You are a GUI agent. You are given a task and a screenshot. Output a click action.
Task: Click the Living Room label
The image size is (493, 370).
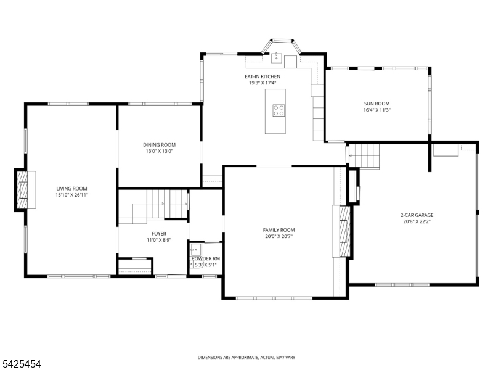point(71,189)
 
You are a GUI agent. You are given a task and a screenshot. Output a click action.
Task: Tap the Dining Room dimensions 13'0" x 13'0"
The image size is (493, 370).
point(160,151)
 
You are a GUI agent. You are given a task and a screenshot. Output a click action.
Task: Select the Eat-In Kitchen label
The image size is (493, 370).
point(263,76)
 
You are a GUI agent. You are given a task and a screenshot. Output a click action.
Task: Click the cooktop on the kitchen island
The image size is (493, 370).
point(279,110)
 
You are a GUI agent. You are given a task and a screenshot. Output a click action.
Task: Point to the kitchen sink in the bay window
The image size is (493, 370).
point(276,58)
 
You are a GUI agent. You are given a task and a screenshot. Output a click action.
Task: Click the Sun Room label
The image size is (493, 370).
point(377,104)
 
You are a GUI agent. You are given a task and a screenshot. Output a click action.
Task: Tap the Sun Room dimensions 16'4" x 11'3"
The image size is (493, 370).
point(377,110)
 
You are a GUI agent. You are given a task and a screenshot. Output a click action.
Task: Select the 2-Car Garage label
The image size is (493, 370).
point(417,215)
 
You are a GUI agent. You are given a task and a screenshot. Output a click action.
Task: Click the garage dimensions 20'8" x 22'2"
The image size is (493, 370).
point(417,221)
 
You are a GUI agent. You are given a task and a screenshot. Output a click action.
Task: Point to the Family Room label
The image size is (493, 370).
point(279,230)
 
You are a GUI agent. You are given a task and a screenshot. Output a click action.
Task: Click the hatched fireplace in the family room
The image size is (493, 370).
point(345,231)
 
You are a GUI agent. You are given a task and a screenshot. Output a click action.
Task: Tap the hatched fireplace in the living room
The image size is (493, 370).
point(22,190)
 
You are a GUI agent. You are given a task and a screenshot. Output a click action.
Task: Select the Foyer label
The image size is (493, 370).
point(159,234)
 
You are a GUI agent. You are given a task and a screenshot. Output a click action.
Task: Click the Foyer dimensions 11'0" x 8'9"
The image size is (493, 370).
point(159,240)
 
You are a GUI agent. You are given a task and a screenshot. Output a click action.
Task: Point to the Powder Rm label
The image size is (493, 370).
point(206,258)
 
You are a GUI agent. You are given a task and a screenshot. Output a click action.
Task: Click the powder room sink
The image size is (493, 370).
point(196,249)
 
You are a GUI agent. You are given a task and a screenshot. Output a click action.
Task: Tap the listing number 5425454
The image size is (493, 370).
point(20,364)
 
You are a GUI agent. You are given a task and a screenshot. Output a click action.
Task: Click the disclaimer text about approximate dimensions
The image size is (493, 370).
point(246,358)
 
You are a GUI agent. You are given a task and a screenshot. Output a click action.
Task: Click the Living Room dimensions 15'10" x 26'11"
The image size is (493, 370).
point(71,195)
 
